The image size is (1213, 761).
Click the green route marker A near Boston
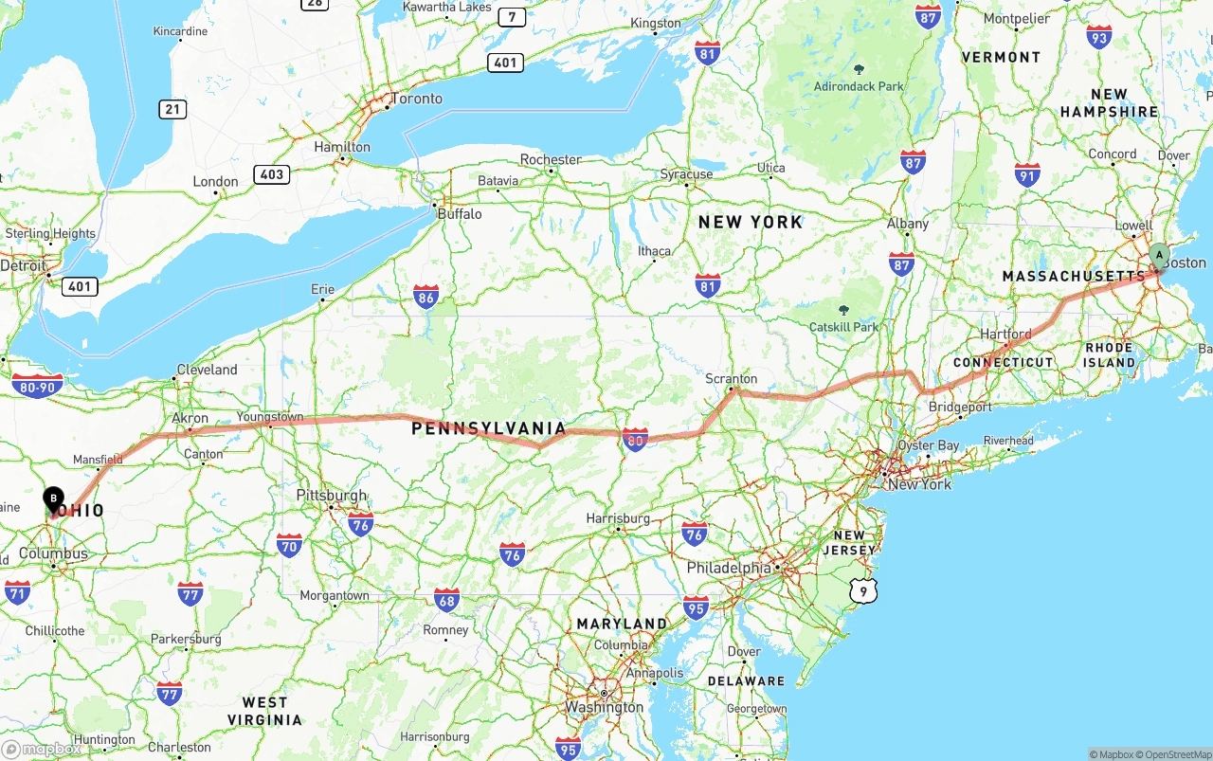pos(1159,255)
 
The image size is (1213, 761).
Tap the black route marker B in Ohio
pos(54,498)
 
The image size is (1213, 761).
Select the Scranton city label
pos(732,378)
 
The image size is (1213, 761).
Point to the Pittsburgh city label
pos(331,495)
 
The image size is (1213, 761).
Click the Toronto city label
pos(417,99)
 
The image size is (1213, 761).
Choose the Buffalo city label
pos(460,214)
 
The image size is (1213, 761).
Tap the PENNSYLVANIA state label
pos(488,429)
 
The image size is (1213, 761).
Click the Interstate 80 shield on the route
pos(635,440)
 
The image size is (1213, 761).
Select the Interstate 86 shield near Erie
pos(425,299)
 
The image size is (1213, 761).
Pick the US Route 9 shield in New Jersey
pos(863,591)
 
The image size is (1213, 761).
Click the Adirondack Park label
pos(860,86)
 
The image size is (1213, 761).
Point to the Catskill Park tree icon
pos(843,310)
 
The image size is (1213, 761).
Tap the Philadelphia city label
pos(729,568)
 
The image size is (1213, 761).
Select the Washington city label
pos(605,707)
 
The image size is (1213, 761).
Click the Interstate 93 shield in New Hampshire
pos(1099,37)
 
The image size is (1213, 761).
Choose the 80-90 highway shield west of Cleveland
pos(38,386)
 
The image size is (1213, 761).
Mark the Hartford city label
pos(1006,334)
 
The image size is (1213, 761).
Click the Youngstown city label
pos(270,416)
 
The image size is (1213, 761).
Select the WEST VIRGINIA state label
pos(265,711)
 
